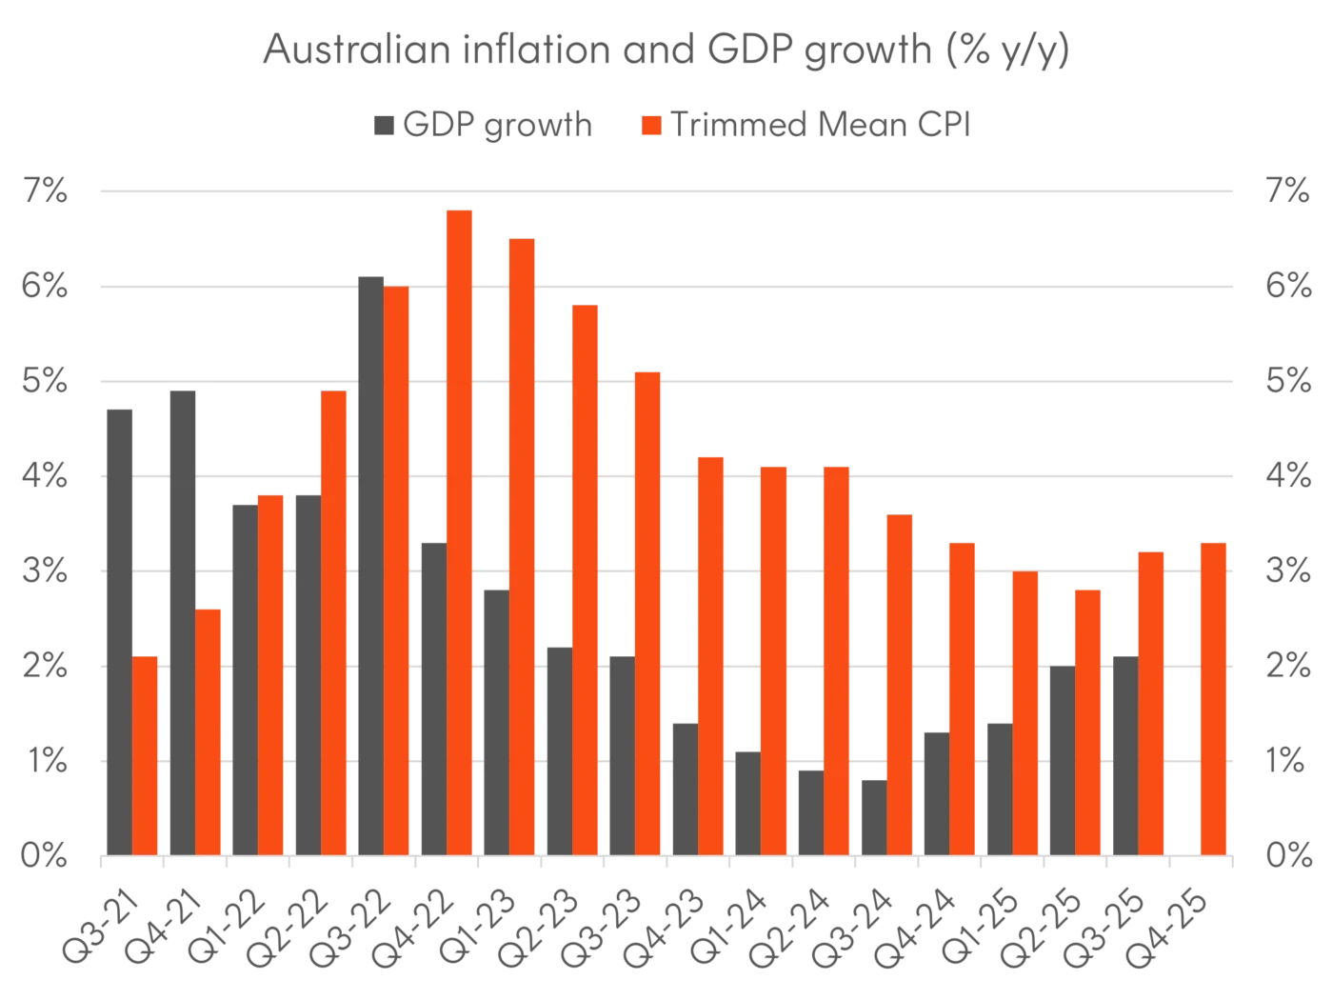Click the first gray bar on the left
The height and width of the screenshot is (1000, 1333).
[x=121, y=630]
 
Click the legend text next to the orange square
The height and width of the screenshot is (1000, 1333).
[x=825, y=125]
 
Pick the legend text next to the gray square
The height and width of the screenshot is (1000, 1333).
[x=499, y=125]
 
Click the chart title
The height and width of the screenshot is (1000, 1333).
[x=666, y=52]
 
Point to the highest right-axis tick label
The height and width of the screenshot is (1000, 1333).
[x=1286, y=191]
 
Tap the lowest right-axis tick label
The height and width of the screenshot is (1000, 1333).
[x=1286, y=856]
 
